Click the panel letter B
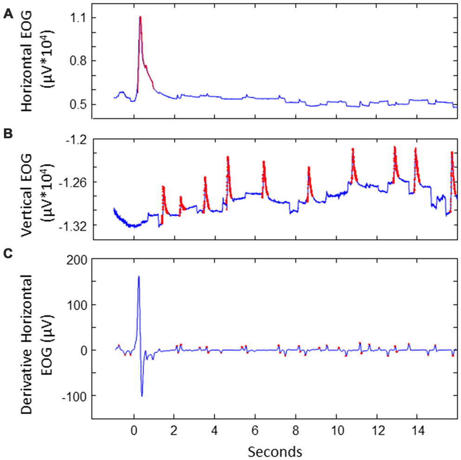point(7,135)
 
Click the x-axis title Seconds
point(275,451)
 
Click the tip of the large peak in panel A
point(140,17)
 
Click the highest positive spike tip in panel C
point(138,276)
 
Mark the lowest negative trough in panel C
point(142,396)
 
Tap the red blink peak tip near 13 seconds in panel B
point(395,147)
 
